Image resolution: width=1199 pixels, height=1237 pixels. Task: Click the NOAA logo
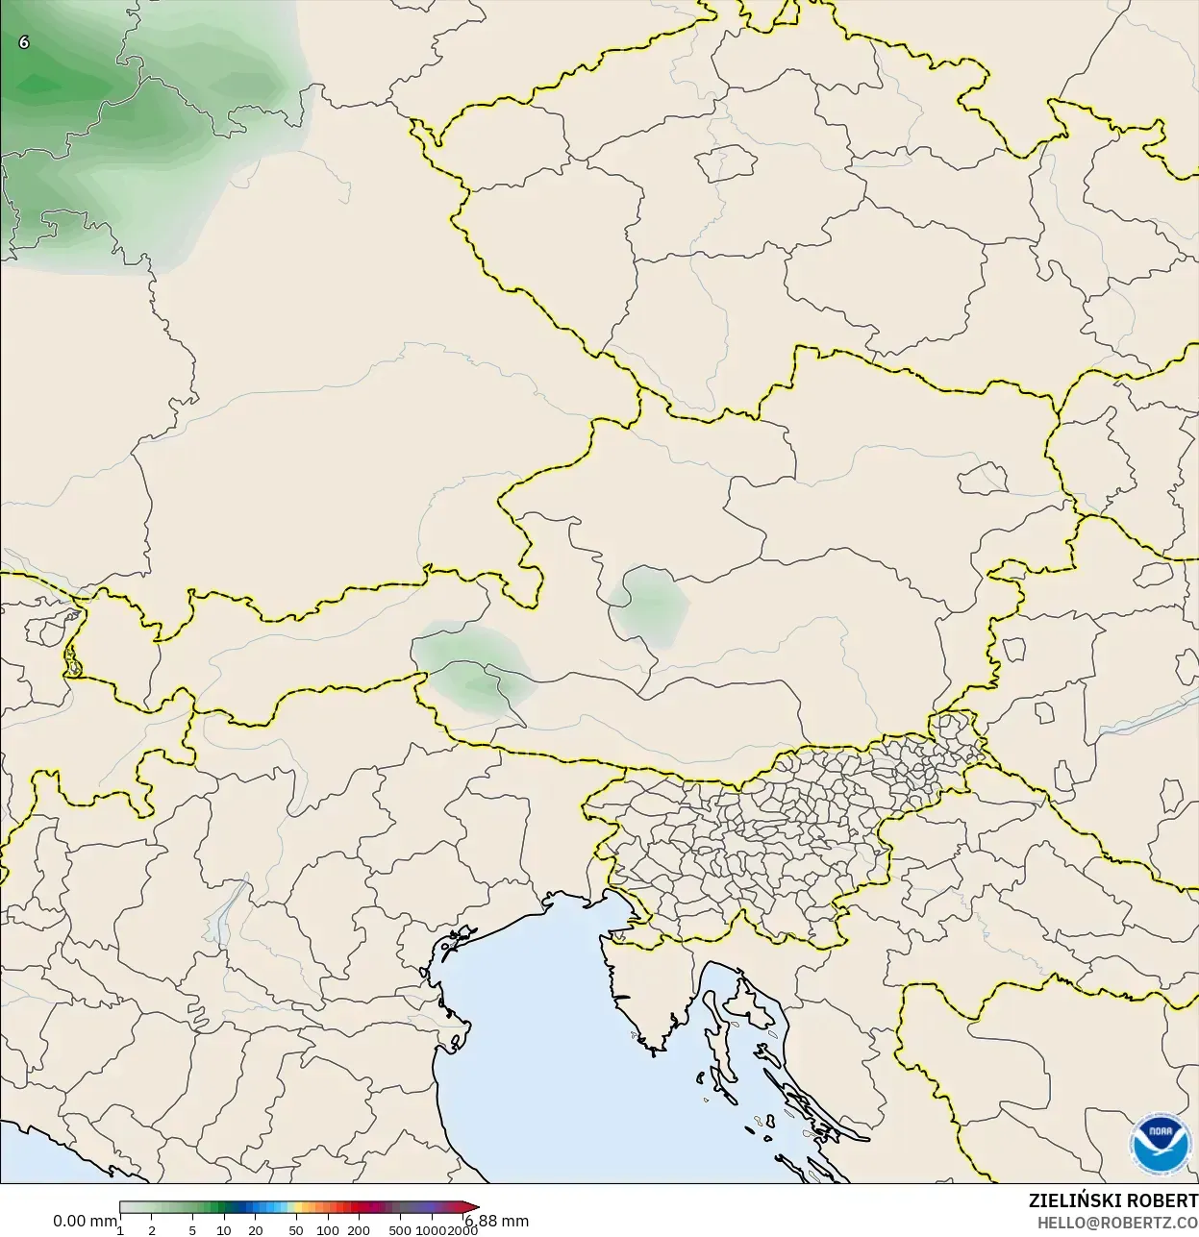(x=1161, y=1144)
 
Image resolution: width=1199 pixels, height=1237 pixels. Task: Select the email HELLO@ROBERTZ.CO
(x=1117, y=1223)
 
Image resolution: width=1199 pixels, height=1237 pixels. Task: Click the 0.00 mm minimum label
(x=85, y=1221)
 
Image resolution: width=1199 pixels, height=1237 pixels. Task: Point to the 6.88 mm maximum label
(x=496, y=1221)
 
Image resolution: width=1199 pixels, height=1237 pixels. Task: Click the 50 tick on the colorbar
(x=295, y=1230)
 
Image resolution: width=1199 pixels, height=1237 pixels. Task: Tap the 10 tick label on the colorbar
(x=224, y=1230)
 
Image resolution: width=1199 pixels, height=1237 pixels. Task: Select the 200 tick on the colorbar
(x=359, y=1230)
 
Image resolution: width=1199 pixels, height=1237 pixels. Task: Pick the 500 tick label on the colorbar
(x=400, y=1230)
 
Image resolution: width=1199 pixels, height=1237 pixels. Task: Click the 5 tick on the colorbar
(x=192, y=1230)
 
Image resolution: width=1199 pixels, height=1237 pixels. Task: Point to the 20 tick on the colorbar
(x=256, y=1230)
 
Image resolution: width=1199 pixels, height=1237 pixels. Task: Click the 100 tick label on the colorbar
(x=328, y=1230)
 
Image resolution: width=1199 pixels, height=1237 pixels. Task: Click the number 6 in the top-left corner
(x=24, y=42)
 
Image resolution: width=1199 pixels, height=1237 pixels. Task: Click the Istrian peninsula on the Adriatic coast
(x=644, y=990)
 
